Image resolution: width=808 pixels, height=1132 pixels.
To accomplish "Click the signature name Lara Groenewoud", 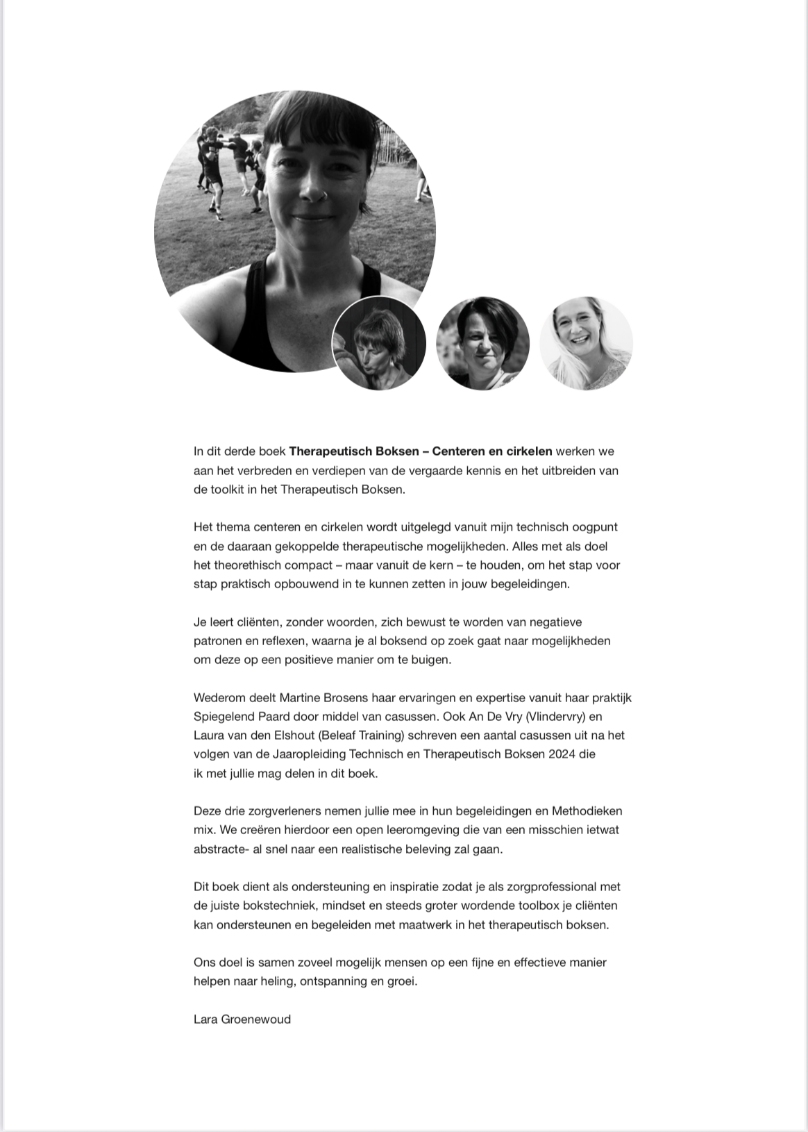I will pos(242,1019).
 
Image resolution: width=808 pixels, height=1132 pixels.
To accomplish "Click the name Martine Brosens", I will pos(325,697).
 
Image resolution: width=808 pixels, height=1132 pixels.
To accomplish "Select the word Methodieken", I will pos(587,811).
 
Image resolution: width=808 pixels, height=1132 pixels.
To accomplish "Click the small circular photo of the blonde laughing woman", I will pos(587,343).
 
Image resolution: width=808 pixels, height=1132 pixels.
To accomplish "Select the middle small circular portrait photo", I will pos(482,343).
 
